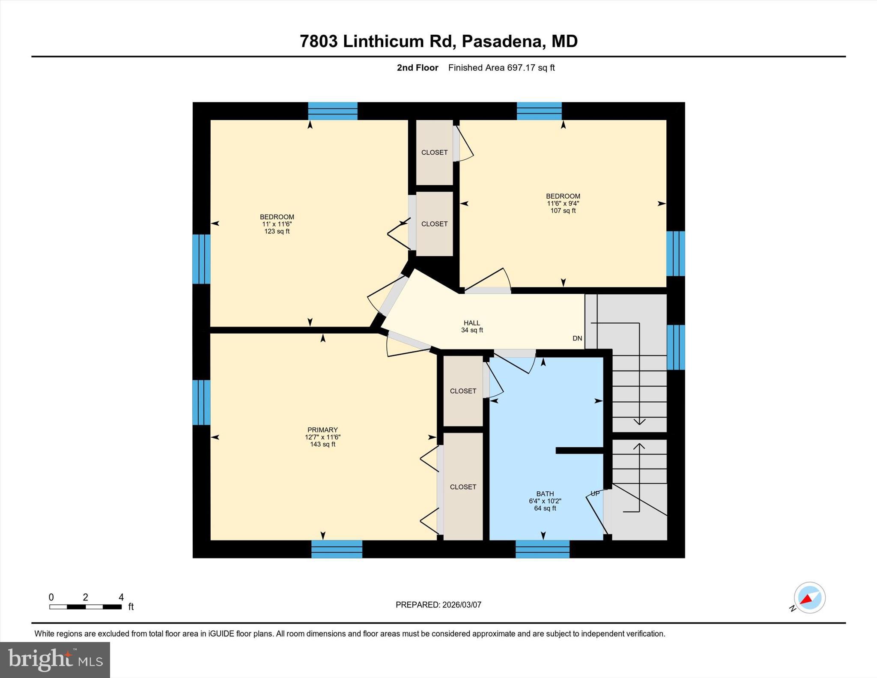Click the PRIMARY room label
(322, 430)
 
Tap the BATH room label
(545, 494)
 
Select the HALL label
(472, 323)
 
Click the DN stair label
(577, 338)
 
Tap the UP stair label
(595, 493)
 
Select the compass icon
(809, 598)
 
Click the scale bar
(85, 606)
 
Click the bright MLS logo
(55, 660)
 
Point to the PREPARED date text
(438, 605)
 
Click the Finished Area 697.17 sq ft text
(501, 68)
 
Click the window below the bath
(542, 549)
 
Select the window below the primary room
(337, 549)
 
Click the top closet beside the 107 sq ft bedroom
(434, 152)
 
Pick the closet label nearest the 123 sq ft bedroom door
(434, 224)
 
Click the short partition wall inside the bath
(579, 450)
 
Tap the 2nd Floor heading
(417, 68)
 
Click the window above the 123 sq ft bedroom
(333, 111)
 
